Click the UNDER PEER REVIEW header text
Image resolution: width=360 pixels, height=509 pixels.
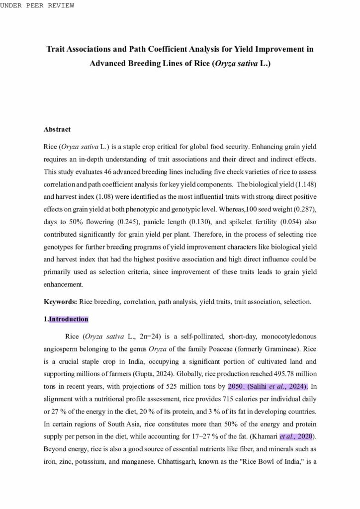pos(37,5)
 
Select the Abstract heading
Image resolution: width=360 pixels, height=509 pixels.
pos(57,129)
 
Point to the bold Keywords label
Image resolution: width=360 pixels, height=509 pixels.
pos(60,302)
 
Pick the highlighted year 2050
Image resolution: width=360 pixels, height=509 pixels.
pos(236,387)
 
